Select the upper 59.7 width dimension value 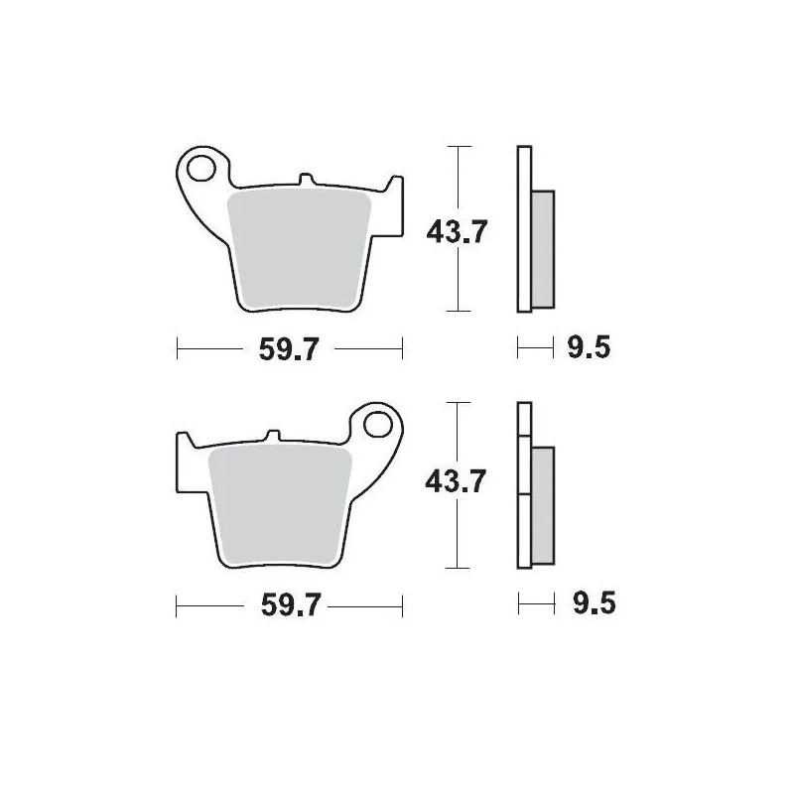coord(289,350)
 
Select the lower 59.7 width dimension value coord(289,606)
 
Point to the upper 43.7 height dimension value coord(457,232)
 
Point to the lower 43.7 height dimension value coord(457,483)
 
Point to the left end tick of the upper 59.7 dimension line coord(177,348)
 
